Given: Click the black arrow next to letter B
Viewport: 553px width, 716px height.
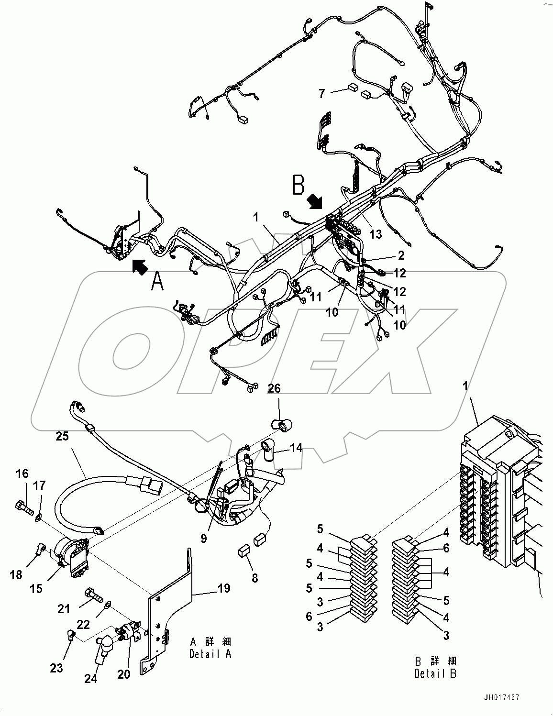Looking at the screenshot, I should click(x=314, y=202).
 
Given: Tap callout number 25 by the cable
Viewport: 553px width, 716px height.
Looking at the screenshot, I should click(x=62, y=436).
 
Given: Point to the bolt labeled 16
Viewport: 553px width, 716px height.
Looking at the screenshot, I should click(x=23, y=506).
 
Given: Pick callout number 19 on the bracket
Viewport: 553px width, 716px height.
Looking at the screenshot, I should click(x=224, y=588).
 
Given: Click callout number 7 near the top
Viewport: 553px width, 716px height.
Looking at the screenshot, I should click(x=322, y=93).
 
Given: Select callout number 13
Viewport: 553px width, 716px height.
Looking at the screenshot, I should click(x=376, y=234).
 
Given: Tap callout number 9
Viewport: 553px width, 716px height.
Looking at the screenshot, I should click(x=204, y=539).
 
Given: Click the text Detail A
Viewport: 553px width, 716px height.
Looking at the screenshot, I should click(x=210, y=654).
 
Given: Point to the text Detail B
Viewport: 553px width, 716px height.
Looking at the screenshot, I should click(x=435, y=673).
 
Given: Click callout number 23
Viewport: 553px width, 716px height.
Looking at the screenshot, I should click(x=56, y=668).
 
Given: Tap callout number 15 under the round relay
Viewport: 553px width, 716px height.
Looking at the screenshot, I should click(x=36, y=589).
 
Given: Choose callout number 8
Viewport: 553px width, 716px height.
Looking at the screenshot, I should click(x=255, y=578).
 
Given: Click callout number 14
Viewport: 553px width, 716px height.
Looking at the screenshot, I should click(x=296, y=448).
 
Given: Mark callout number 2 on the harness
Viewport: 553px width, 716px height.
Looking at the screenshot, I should click(x=401, y=255).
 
